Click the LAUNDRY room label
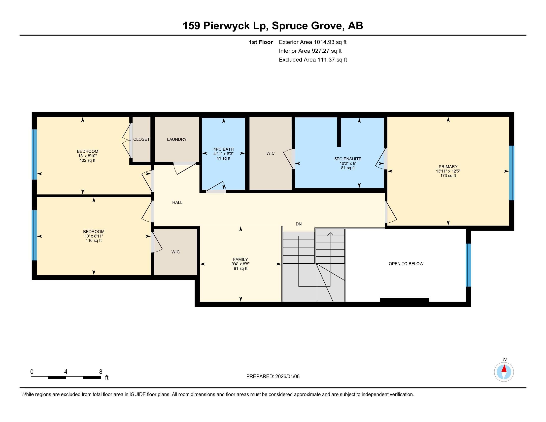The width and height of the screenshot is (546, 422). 177,139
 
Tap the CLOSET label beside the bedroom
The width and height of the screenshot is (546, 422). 141,139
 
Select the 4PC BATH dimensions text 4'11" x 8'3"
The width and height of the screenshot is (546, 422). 223,154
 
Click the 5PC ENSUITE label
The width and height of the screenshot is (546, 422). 348,159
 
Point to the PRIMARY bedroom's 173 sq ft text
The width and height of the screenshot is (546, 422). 448,176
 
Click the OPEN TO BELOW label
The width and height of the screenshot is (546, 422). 406,263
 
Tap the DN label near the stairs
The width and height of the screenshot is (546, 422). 299,224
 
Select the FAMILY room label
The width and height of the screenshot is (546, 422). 240,259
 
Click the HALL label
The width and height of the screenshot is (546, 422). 177,203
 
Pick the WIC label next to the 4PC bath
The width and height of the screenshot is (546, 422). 270,153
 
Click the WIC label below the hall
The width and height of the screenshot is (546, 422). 175,252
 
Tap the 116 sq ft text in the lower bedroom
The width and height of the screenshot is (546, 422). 94,241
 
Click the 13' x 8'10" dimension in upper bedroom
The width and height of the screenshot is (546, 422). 87,156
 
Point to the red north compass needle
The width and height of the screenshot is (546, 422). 504,369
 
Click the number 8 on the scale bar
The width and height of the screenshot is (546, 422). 101,372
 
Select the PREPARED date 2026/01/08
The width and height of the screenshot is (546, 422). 287,376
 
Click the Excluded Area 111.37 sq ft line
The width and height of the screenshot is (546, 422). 313,60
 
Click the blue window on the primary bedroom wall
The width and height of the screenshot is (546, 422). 512,173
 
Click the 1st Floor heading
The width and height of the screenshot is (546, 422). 261,42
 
